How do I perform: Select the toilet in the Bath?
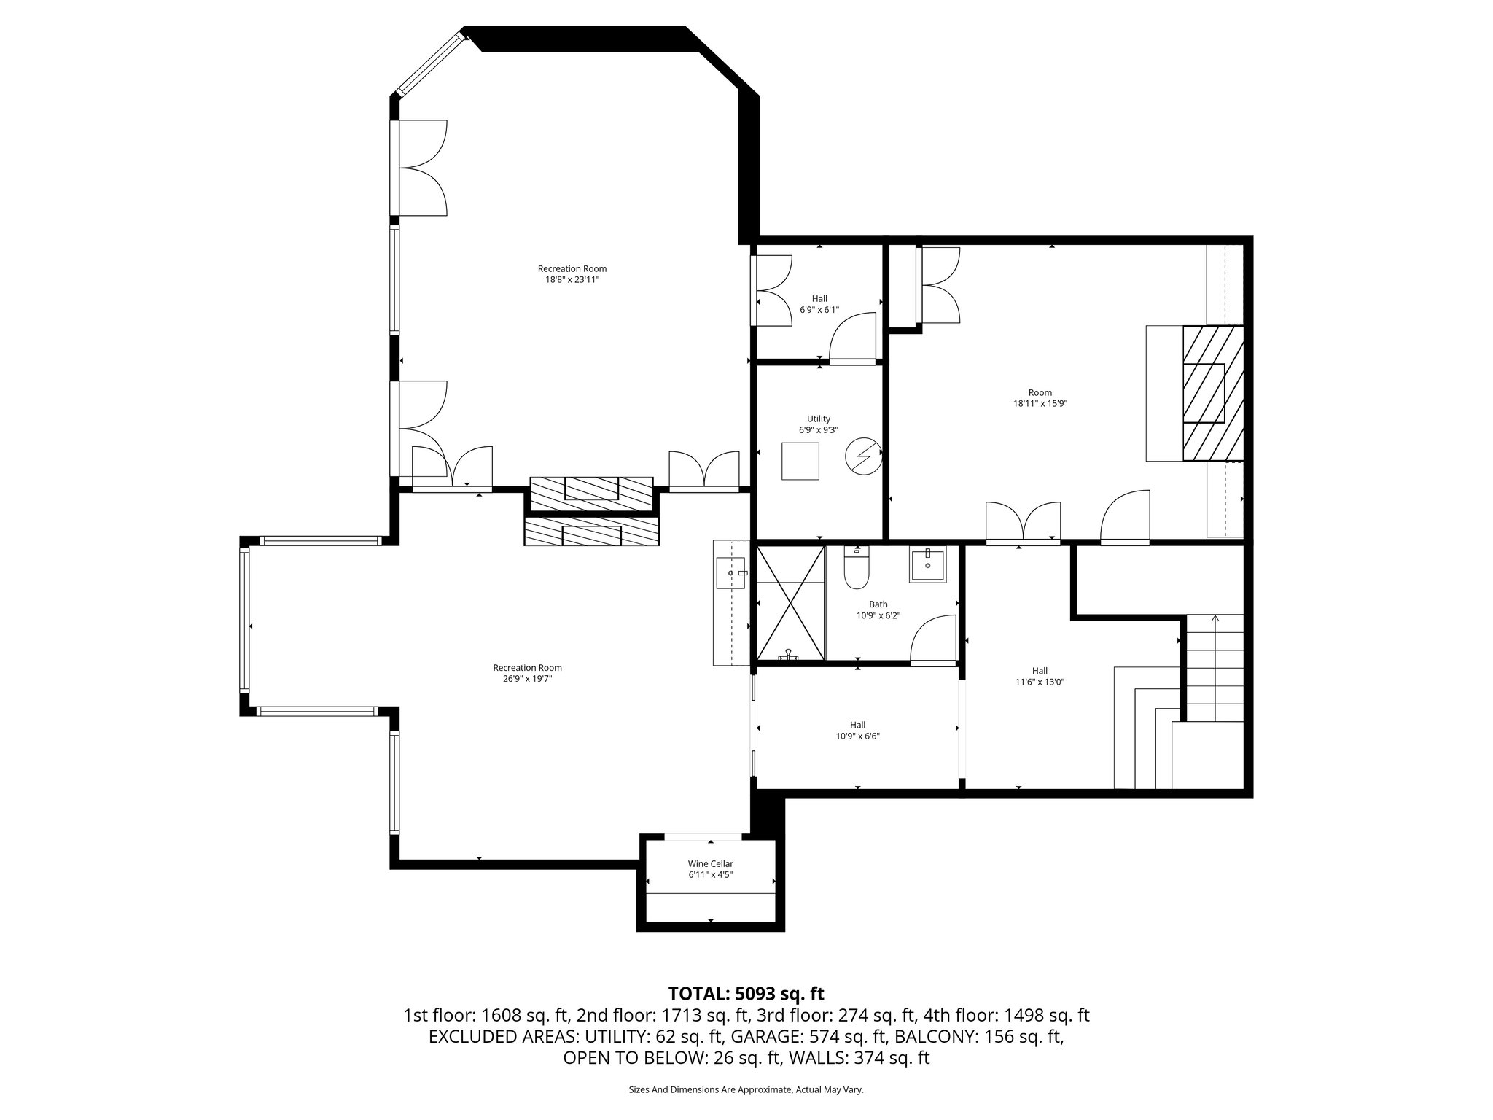coord(857,569)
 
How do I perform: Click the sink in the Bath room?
coord(927,565)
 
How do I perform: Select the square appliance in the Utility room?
coord(800,461)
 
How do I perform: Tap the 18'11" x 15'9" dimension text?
coord(1040,403)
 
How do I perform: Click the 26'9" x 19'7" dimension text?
coord(527,679)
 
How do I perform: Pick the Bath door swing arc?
coord(933,638)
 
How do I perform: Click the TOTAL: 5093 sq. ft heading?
coord(746,993)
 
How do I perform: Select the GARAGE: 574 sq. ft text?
coord(809,1036)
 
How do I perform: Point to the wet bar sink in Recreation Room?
coord(731,573)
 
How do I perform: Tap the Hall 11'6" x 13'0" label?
coord(1040,676)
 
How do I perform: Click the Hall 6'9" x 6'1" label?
coord(819,303)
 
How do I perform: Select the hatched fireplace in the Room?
coord(1212,393)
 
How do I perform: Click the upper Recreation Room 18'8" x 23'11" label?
coord(572,273)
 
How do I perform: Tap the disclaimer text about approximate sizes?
coord(746,1089)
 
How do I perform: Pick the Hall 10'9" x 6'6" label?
coord(857,730)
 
